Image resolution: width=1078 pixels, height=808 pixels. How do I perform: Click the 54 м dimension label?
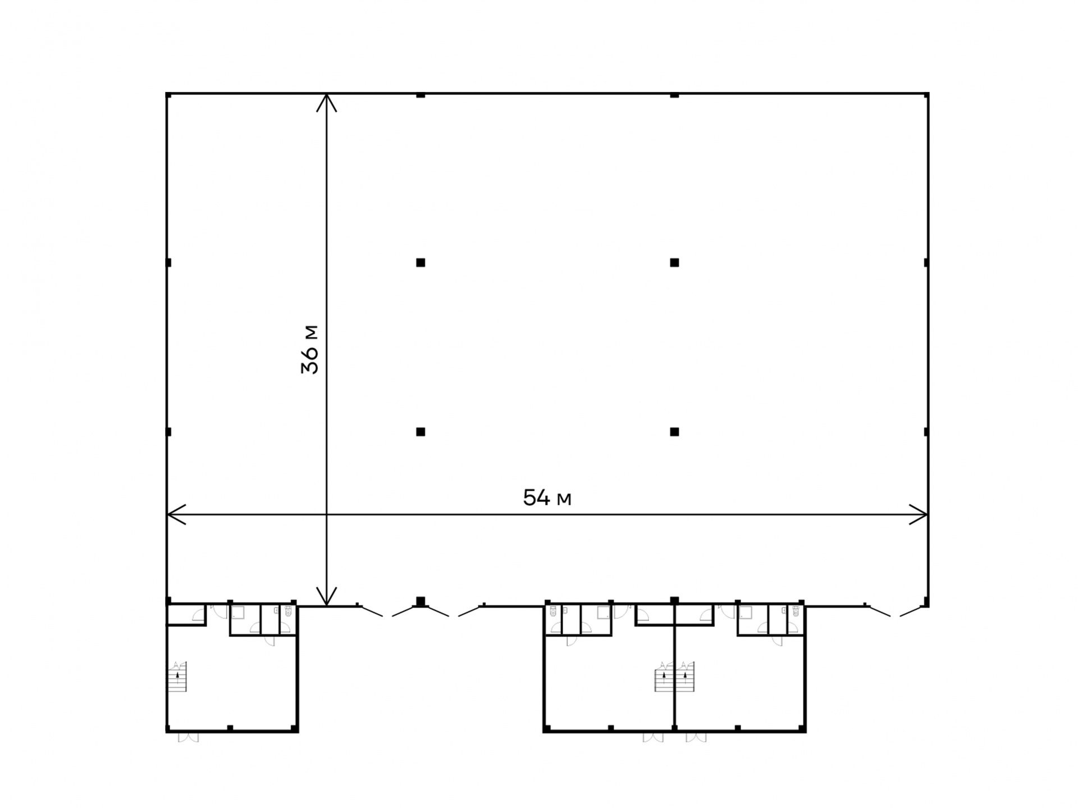(x=547, y=498)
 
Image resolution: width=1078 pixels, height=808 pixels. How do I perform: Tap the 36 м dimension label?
(x=309, y=349)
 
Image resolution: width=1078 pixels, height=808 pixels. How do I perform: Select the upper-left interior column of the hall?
(x=421, y=262)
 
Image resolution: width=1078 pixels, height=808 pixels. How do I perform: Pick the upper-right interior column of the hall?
(x=674, y=262)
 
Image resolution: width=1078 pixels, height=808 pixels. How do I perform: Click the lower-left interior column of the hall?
(x=421, y=432)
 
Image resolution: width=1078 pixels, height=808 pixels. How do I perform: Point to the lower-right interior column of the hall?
(x=674, y=432)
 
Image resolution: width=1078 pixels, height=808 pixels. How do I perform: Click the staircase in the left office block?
(x=177, y=677)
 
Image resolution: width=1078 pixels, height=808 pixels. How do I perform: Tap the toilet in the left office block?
(x=288, y=611)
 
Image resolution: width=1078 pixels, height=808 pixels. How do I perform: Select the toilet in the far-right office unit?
(x=795, y=611)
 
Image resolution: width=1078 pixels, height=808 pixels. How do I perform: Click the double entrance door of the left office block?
(x=188, y=737)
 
